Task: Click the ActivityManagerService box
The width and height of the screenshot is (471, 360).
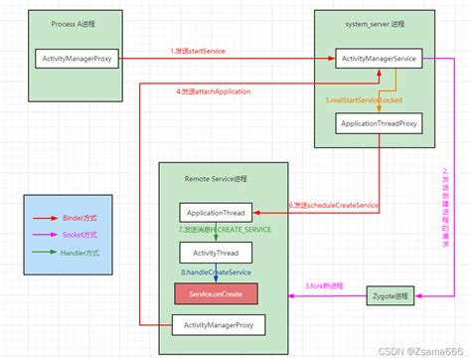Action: click(378, 60)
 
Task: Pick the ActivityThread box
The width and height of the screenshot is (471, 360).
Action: click(216, 254)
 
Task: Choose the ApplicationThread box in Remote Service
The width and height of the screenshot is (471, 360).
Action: click(216, 213)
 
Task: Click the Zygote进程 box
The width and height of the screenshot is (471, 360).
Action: click(387, 295)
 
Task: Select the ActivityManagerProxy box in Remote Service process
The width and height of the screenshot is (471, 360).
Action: click(216, 325)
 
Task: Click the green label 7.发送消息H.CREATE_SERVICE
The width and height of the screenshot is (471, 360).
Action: click(225, 231)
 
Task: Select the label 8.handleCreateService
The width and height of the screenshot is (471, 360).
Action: click(216, 271)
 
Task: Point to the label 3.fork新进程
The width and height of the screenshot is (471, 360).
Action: click(322, 286)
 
